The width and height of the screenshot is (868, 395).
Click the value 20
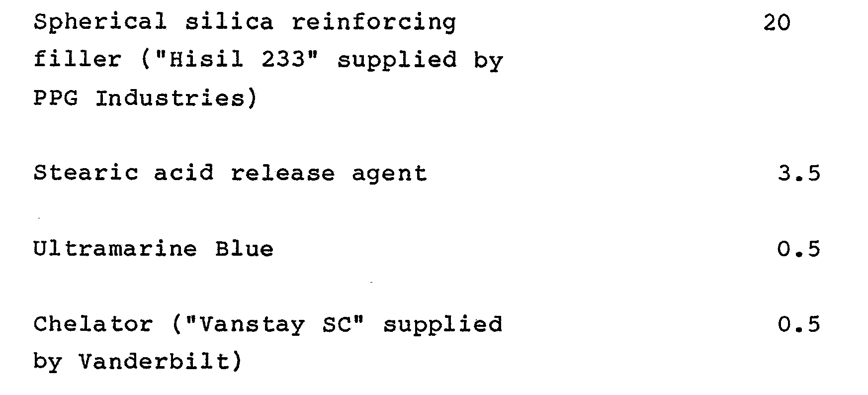(x=777, y=23)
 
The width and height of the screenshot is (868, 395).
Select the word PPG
(x=56, y=98)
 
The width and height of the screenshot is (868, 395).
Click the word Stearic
(x=86, y=173)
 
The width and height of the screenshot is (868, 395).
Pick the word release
(x=283, y=173)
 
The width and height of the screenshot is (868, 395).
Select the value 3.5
(x=799, y=173)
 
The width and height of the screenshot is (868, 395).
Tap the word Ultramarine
(x=115, y=249)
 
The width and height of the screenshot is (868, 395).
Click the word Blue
(x=244, y=249)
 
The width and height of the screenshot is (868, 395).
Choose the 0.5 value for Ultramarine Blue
(x=799, y=249)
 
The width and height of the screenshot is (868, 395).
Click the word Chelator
(x=93, y=324)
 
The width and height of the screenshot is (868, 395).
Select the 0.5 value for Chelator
(x=799, y=324)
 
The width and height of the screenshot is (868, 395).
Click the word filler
(x=77, y=60)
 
